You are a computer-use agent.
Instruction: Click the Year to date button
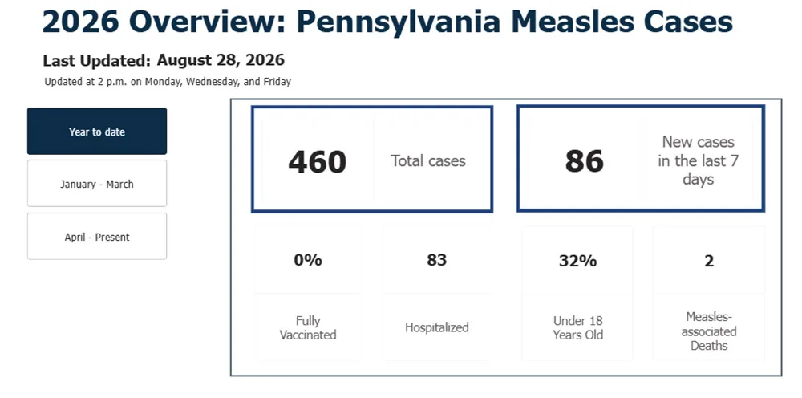(97, 131)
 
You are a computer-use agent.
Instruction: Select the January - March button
(97, 184)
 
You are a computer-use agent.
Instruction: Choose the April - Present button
(97, 237)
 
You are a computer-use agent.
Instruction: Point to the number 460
(317, 161)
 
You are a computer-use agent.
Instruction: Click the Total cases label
(428, 161)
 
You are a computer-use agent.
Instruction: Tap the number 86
(584, 161)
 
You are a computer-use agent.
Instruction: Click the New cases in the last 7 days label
(699, 160)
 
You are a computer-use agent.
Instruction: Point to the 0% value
(308, 260)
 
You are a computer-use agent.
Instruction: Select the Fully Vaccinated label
(308, 328)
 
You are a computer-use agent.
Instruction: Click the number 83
(437, 260)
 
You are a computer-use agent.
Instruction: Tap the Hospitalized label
(437, 327)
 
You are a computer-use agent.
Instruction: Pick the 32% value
(577, 261)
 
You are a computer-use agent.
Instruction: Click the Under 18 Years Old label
(578, 328)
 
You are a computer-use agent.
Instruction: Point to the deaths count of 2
(709, 261)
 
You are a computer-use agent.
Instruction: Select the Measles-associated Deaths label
(709, 331)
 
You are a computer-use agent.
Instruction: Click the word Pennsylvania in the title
(398, 22)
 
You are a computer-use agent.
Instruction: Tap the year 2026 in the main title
(81, 22)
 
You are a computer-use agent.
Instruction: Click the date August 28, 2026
(221, 60)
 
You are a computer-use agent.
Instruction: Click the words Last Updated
(97, 61)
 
